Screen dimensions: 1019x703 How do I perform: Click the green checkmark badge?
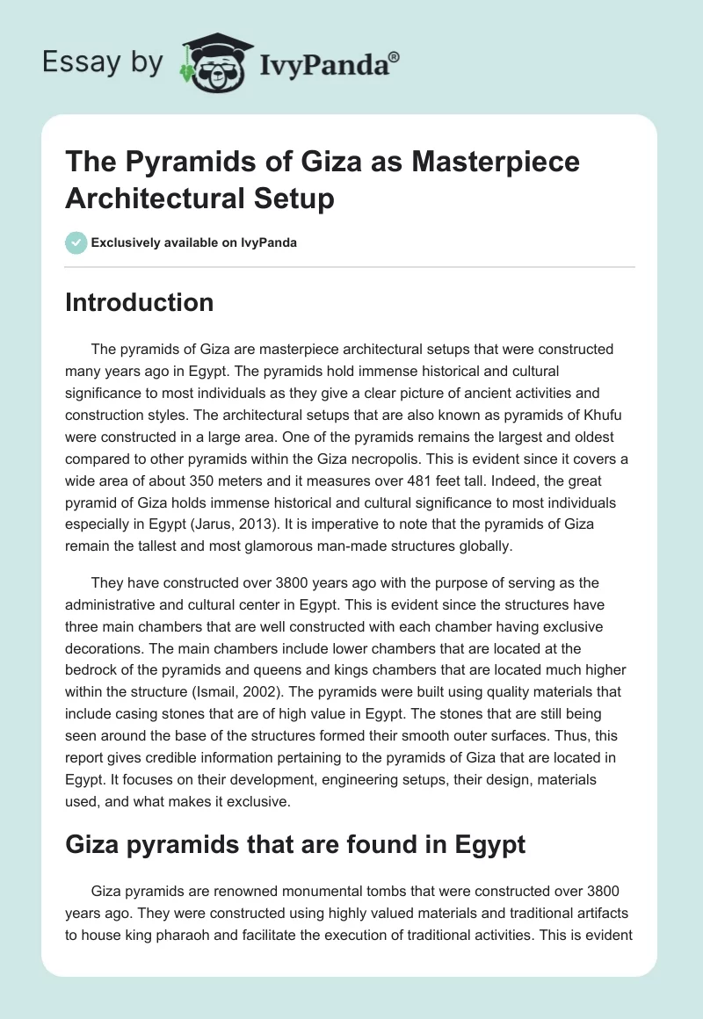click(x=76, y=242)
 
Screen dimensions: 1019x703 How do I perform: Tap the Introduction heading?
click(x=140, y=303)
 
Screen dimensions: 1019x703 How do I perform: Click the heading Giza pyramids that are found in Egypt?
click(x=295, y=845)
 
